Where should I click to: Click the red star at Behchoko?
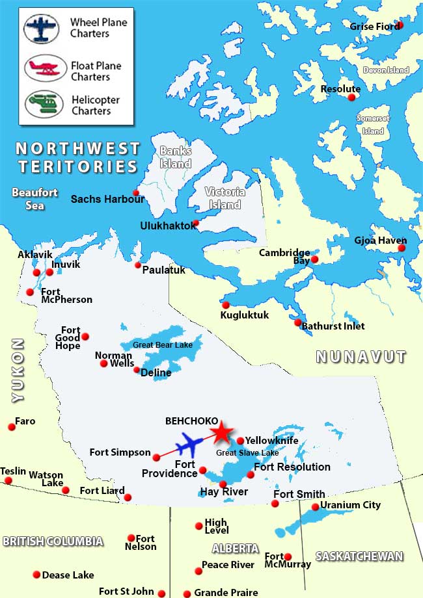point(221,432)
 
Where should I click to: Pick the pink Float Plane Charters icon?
point(46,68)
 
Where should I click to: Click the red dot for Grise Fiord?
point(400,25)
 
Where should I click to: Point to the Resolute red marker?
point(352,97)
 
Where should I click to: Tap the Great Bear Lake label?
point(163,344)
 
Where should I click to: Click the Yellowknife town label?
point(271,441)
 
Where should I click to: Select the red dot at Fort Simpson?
point(156,457)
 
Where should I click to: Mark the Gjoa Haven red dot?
point(402,248)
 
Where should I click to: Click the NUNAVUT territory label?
point(361,357)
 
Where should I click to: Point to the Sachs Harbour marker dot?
point(136,192)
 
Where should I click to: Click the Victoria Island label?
point(225,198)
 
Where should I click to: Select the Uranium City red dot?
point(316,507)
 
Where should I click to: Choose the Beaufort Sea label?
point(35,199)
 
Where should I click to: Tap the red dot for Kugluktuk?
point(226,305)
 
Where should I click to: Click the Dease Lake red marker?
point(36,575)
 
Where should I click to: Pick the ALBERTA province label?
point(235,548)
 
